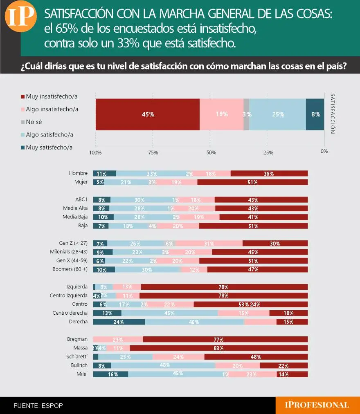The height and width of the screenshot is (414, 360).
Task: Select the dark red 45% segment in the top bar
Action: [148, 114]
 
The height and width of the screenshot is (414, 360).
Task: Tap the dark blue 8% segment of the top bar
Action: [315, 114]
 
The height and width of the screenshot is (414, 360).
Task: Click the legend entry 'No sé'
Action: [34, 122]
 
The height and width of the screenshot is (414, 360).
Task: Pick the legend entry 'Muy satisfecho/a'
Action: [49, 147]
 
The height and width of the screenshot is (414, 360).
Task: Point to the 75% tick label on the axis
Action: [153, 153]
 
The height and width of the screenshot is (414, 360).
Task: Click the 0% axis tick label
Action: [324, 151]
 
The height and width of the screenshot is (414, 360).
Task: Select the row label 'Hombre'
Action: [78, 173]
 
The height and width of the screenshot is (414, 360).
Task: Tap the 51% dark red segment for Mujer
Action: [252, 182]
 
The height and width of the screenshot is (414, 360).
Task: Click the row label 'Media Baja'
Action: [75, 217]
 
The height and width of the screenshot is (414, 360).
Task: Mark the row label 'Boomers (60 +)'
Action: [70, 269]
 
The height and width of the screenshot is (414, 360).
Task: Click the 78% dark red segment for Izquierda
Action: [224, 287]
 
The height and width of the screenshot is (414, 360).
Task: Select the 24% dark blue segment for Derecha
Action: [119, 322]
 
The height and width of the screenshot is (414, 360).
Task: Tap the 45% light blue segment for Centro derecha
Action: [169, 313]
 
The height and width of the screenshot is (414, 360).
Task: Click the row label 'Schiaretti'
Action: [77, 356]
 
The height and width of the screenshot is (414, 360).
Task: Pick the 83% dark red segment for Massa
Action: [218, 348]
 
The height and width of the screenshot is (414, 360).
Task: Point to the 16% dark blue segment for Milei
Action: [110, 374]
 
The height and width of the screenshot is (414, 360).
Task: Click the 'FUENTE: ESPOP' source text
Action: [38, 405]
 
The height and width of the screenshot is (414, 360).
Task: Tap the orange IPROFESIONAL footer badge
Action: [317, 405]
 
